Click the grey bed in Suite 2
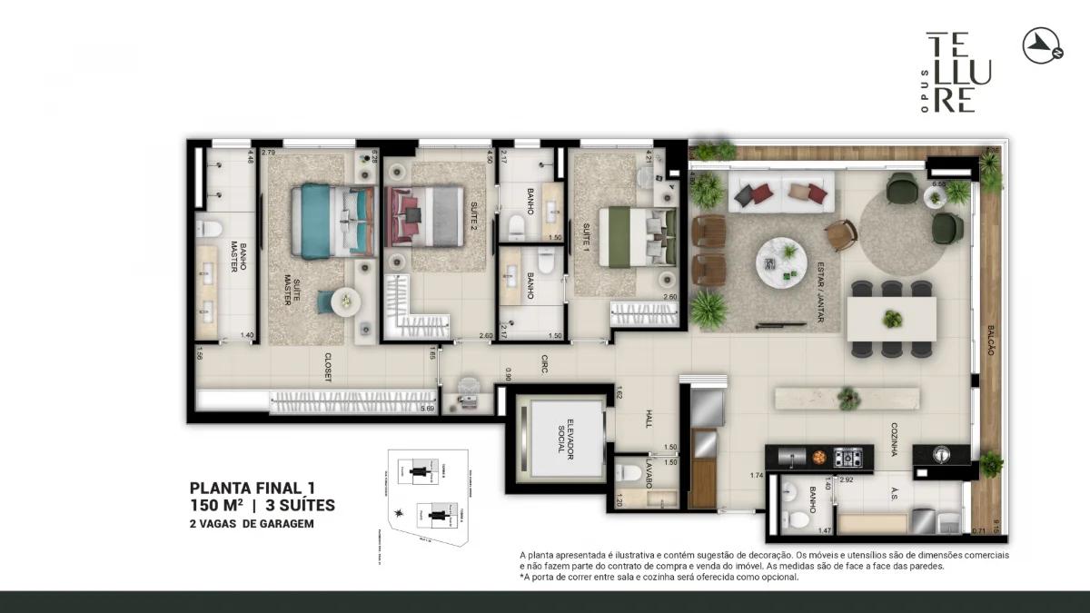click(x=425, y=216)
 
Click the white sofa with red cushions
click(x=780, y=193)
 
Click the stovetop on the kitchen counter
click(x=847, y=457)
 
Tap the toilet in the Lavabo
click(x=629, y=473)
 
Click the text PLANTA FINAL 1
click(x=253, y=489)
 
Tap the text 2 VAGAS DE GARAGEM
click(x=252, y=523)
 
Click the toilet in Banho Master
click(x=209, y=228)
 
